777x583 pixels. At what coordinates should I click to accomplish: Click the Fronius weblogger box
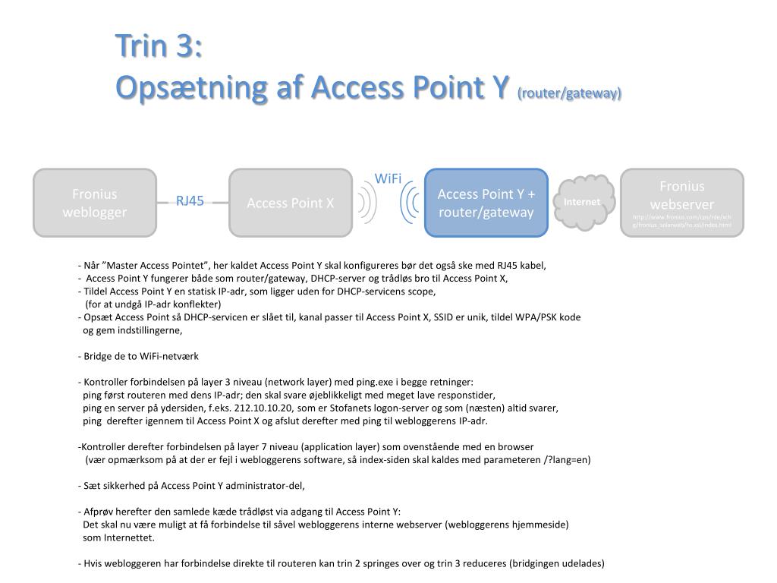pyautogui.click(x=95, y=203)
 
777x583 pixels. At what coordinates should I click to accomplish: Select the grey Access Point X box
pyautogui.click(x=291, y=203)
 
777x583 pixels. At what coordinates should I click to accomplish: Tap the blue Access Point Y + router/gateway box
pyautogui.click(x=486, y=203)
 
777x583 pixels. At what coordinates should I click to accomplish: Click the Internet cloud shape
pyautogui.click(x=582, y=202)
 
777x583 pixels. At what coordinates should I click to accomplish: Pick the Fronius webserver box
pyautogui.click(x=682, y=195)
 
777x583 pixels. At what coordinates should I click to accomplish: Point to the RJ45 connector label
pyautogui.click(x=190, y=201)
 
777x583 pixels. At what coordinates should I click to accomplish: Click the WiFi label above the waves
pyautogui.click(x=388, y=178)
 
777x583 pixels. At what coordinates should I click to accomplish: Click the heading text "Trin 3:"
pyautogui.click(x=159, y=47)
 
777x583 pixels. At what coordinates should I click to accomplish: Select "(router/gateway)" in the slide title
pyautogui.click(x=569, y=93)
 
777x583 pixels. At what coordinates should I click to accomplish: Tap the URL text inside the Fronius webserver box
pyautogui.click(x=682, y=221)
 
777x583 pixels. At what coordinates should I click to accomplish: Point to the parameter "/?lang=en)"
pyautogui.click(x=568, y=459)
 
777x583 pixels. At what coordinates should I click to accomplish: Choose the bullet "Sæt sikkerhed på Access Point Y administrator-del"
pyautogui.click(x=196, y=486)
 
